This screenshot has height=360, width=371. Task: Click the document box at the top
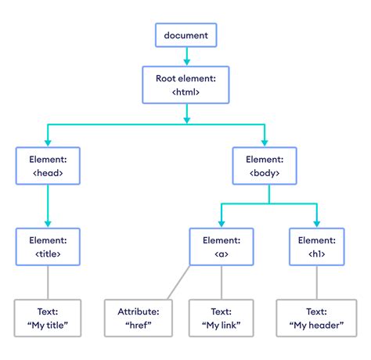click(x=185, y=35)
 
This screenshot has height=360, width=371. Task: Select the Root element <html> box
click(x=185, y=85)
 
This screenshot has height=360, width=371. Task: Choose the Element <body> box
click(x=268, y=166)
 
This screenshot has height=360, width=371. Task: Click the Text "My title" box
click(x=47, y=318)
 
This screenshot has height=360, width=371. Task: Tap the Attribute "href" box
click(x=139, y=318)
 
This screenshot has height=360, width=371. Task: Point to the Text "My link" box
click(x=221, y=318)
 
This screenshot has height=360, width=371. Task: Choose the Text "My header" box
click(x=317, y=318)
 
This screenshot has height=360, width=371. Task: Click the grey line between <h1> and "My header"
click(x=317, y=282)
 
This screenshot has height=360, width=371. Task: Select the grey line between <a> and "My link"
click(x=221, y=282)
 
